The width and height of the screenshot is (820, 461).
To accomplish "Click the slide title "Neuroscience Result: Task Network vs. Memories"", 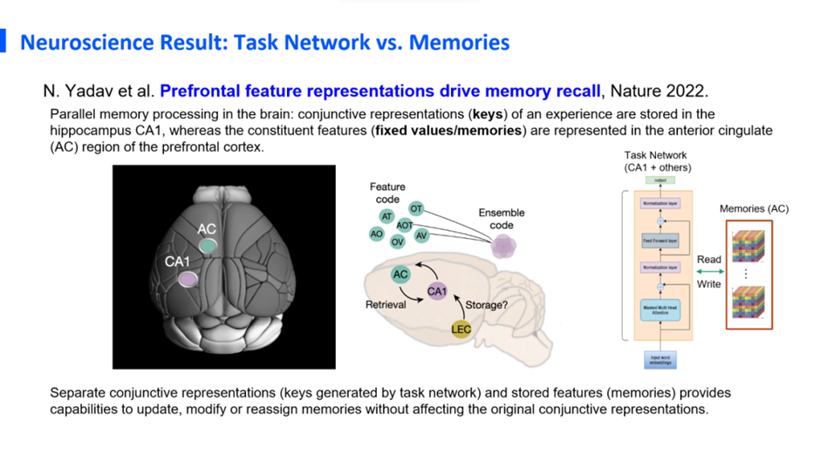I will coord(264,42).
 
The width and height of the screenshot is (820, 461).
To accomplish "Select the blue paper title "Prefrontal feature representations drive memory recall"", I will coord(380,90).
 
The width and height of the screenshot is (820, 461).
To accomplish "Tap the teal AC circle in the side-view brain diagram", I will coord(400,275).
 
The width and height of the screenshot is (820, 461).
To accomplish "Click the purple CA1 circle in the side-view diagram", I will coord(436,292).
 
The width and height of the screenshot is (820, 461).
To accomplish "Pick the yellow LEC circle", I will coord(461,329).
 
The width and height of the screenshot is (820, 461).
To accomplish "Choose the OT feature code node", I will coord(416,209).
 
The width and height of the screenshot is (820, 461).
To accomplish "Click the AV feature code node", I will coord(421,236).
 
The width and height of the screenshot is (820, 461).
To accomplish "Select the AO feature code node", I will coord(377,234).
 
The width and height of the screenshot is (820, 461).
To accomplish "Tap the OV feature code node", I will coord(398,242).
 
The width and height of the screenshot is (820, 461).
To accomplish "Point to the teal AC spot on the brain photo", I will coord(207,246).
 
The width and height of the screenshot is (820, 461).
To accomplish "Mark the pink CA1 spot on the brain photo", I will coord(188,279).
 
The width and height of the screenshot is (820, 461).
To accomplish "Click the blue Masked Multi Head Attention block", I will coord(659,309).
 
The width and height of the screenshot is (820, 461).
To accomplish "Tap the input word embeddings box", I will coord(659,360).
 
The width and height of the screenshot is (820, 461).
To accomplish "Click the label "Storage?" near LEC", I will coord(476,305).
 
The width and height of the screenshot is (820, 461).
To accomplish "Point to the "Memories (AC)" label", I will coord(754,209).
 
